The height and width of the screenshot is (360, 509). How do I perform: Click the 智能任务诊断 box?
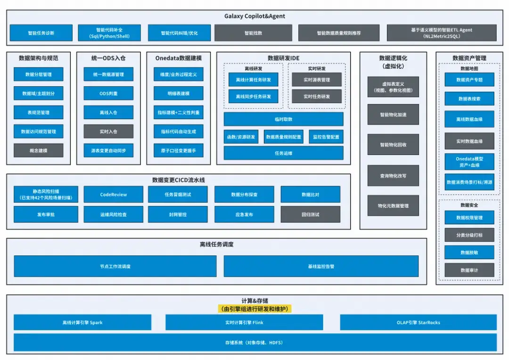(x=41, y=33)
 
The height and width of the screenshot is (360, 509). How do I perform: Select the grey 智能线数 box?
(x=253, y=33)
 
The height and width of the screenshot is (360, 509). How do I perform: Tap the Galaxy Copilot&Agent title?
(x=254, y=16)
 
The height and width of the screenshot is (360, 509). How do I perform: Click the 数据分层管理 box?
(x=38, y=74)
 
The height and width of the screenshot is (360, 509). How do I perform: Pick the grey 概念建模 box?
(x=38, y=150)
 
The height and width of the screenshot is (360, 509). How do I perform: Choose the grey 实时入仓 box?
(x=108, y=131)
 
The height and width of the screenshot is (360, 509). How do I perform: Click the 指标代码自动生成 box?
(x=178, y=131)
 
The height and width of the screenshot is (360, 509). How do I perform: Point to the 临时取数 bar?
(x=283, y=119)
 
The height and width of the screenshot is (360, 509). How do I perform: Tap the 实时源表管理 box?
(x=316, y=80)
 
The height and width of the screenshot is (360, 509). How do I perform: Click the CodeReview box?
(x=114, y=194)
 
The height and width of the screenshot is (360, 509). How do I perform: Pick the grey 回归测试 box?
(x=310, y=214)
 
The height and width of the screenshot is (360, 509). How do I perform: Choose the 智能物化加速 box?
(x=393, y=115)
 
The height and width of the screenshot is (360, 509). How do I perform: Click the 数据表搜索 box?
(x=469, y=99)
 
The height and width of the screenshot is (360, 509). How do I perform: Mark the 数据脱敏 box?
(x=469, y=253)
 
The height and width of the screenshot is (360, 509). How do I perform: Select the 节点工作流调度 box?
(x=115, y=266)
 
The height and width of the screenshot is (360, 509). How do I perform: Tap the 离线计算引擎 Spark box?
(x=82, y=323)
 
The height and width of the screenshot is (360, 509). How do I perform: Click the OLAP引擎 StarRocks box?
(x=418, y=323)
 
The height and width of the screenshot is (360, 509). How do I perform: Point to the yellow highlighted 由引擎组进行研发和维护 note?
(x=254, y=309)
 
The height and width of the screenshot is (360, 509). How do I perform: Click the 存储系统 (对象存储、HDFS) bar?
(x=254, y=343)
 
